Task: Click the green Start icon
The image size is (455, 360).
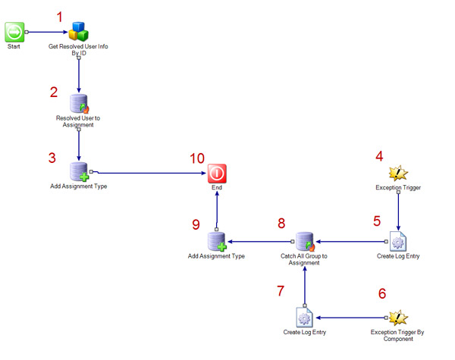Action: coord(15,32)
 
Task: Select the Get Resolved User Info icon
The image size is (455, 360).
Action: coord(80,32)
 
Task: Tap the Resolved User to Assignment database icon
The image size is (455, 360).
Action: coord(80,105)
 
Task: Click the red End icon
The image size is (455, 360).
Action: coord(218,173)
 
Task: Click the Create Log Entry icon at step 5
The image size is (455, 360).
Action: coord(399,242)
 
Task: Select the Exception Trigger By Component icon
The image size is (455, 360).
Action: coord(399,317)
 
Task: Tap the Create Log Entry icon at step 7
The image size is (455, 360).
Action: coord(304,317)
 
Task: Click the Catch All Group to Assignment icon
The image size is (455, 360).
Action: coord(304,242)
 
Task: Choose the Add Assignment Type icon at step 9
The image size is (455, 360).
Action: coord(217,242)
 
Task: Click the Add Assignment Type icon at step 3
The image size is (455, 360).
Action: coord(80,172)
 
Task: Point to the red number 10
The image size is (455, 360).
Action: coord(197,158)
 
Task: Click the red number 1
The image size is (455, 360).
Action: coord(61,14)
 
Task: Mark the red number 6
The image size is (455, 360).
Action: coord(381,293)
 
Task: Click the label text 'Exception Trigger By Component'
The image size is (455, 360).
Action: coord(399,337)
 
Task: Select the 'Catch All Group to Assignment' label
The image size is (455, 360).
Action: coord(304,260)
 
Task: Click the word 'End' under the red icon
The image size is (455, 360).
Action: coord(218,186)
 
